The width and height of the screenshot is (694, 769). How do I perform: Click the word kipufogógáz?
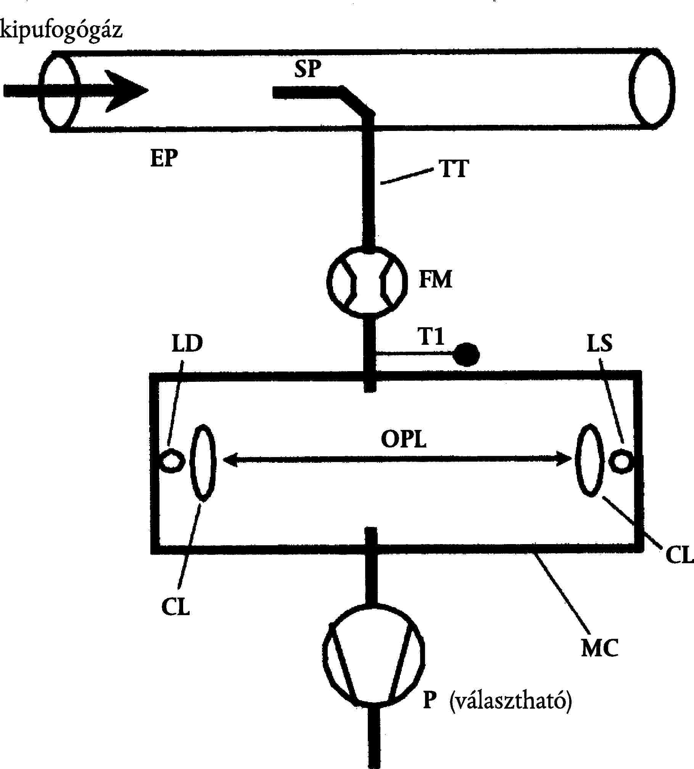click(x=61, y=31)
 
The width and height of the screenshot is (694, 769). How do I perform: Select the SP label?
click(x=308, y=69)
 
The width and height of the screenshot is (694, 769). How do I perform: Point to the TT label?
click(x=455, y=168)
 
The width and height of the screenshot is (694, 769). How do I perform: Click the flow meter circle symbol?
click(x=367, y=283)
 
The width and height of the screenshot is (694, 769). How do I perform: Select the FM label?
click(x=435, y=279)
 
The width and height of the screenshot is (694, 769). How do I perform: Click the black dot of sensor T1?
click(x=466, y=354)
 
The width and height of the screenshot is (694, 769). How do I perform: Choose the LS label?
click(x=599, y=343)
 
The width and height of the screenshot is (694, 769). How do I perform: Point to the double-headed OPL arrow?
click(x=397, y=459)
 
